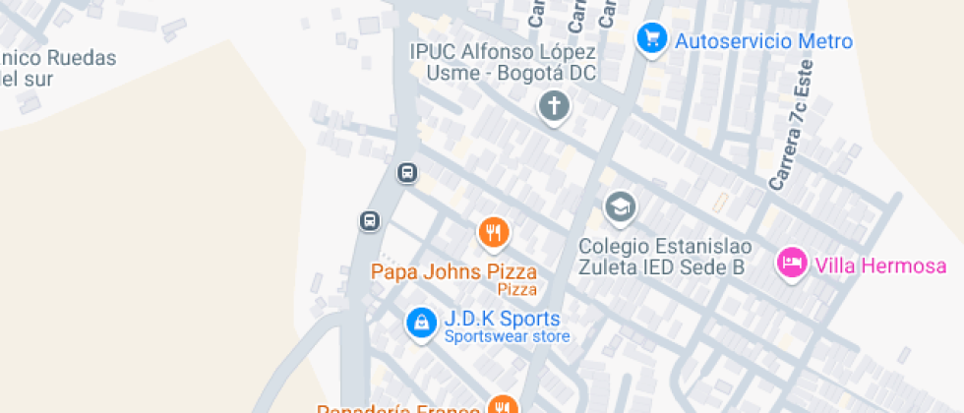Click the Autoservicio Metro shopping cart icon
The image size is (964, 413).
click(x=650, y=39)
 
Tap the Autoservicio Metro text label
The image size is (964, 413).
click(x=763, y=41)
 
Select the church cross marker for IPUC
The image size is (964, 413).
click(x=555, y=106)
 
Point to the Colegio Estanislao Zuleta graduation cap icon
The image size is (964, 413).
click(x=620, y=207)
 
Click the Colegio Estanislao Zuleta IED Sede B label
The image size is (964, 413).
click(x=662, y=256)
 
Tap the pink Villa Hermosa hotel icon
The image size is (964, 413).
click(x=791, y=263)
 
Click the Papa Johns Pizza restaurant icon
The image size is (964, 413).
click(x=493, y=233)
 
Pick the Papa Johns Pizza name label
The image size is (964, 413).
click(x=453, y=271)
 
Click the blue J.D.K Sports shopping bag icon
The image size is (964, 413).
click(x=421, y=322)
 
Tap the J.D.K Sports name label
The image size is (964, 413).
click(x=502, y=319)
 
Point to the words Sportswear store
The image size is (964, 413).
click(x=507, y=337)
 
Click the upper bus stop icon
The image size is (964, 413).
click(x=406, y=173)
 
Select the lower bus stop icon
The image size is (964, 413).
click(x=370, y=220)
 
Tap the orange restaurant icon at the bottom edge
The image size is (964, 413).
click(x=503, y=406)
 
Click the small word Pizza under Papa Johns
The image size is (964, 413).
click(x=516, y=289)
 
